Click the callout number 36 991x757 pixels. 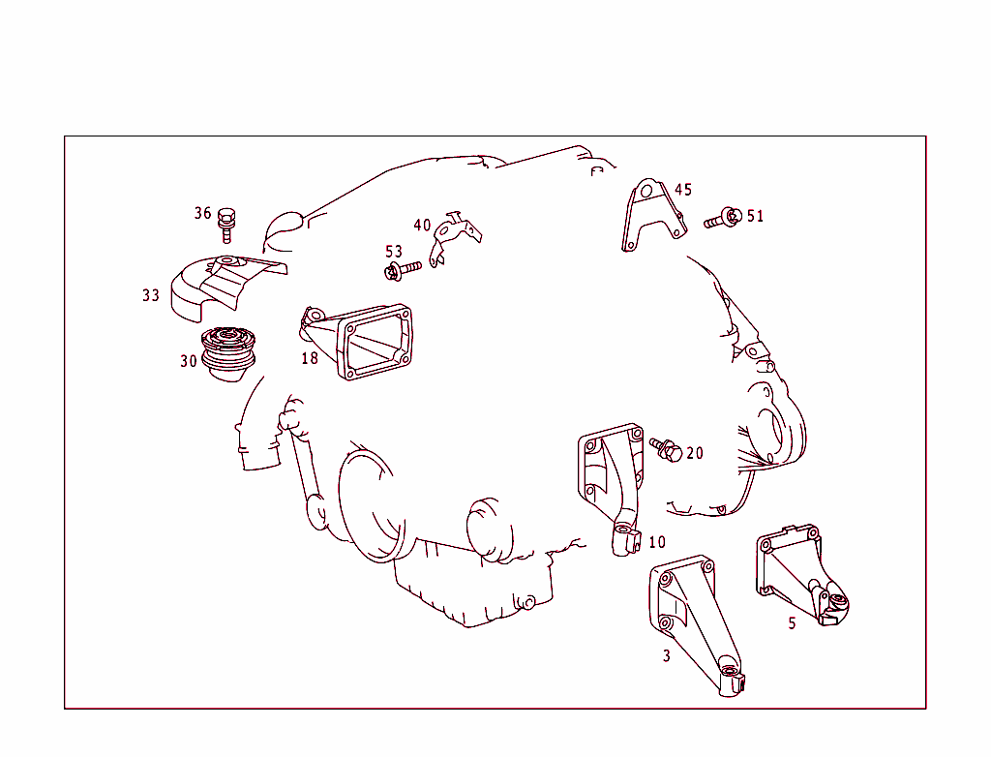tap(202, 213)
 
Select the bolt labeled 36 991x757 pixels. tap(227, 224)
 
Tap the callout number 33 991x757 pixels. tap(151, 295)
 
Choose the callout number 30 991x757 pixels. tap(188, 361)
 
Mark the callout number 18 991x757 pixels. tap(309, 358)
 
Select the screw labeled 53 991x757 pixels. tap(403, 269)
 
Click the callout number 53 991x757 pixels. tap(394, 252)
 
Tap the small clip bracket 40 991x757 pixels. tap(453, 235)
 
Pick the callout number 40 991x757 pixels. tap(422, 226)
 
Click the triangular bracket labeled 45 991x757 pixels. tap(650, 218)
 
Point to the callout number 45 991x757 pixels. tap(683, 190)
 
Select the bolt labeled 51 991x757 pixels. tap(723, 218)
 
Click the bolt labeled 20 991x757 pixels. tap(667, 448)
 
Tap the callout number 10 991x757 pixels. tap(657, 542)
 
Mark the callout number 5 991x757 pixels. tap(792, 623)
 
